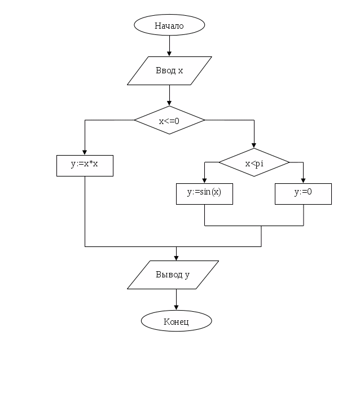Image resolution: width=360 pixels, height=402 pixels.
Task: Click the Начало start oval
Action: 169,25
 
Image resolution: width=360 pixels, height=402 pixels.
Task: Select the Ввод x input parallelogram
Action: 169,70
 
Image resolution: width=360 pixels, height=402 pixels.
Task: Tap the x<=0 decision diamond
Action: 169,120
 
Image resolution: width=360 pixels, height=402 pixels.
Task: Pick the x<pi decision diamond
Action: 254,163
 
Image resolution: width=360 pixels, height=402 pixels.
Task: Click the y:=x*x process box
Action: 85,165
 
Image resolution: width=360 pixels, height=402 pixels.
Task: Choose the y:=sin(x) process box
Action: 204,193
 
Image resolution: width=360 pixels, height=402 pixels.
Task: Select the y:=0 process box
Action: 303,193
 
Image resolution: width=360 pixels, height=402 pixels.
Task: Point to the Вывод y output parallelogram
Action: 173,275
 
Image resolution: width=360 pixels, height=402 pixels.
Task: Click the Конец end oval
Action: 176,321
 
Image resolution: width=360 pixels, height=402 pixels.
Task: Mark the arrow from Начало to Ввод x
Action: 169,46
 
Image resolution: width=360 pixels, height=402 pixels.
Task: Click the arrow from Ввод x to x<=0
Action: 169,95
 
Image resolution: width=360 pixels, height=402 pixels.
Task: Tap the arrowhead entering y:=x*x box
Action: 85,152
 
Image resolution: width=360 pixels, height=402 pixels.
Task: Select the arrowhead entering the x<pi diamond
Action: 254,146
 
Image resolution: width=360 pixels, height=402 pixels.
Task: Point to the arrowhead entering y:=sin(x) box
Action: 204,181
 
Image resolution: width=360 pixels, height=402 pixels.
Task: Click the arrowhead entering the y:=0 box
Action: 304,181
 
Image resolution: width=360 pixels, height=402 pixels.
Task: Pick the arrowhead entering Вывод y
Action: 176,258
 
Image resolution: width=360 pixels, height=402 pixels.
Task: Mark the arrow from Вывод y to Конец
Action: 176,299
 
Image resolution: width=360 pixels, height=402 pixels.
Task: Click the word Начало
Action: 169,25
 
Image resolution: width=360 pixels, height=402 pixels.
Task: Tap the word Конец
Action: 176,321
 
